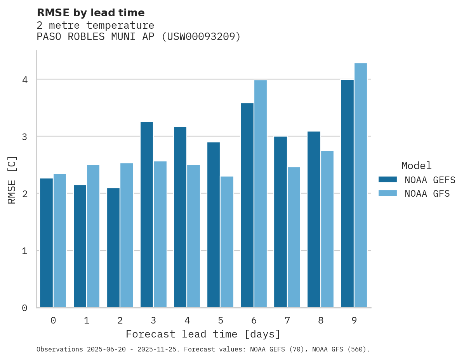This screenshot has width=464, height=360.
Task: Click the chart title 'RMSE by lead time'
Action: click(x=90, y=13)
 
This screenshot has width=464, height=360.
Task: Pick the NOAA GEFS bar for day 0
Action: click(x=46, y=243)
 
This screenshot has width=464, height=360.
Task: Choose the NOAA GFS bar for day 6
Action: click(x=261, y=194)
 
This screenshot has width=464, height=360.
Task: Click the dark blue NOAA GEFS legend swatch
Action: click(x=388, y=179)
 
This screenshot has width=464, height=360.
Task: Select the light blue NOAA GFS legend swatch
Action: click(x=388, y=193)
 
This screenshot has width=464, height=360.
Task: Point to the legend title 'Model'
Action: click(x=416, y=166)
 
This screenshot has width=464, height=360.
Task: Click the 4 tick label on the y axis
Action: click(x=24, y=80)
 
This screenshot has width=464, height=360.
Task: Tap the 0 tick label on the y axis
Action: click(x=24, y=308)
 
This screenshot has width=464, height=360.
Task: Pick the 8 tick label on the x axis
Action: click(x=321, y=320)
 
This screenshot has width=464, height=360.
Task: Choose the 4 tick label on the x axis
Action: click(x=187, y=320)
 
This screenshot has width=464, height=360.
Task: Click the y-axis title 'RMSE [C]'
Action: click(x=12, y=180)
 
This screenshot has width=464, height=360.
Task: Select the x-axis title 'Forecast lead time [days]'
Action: click(x=203, y=334)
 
